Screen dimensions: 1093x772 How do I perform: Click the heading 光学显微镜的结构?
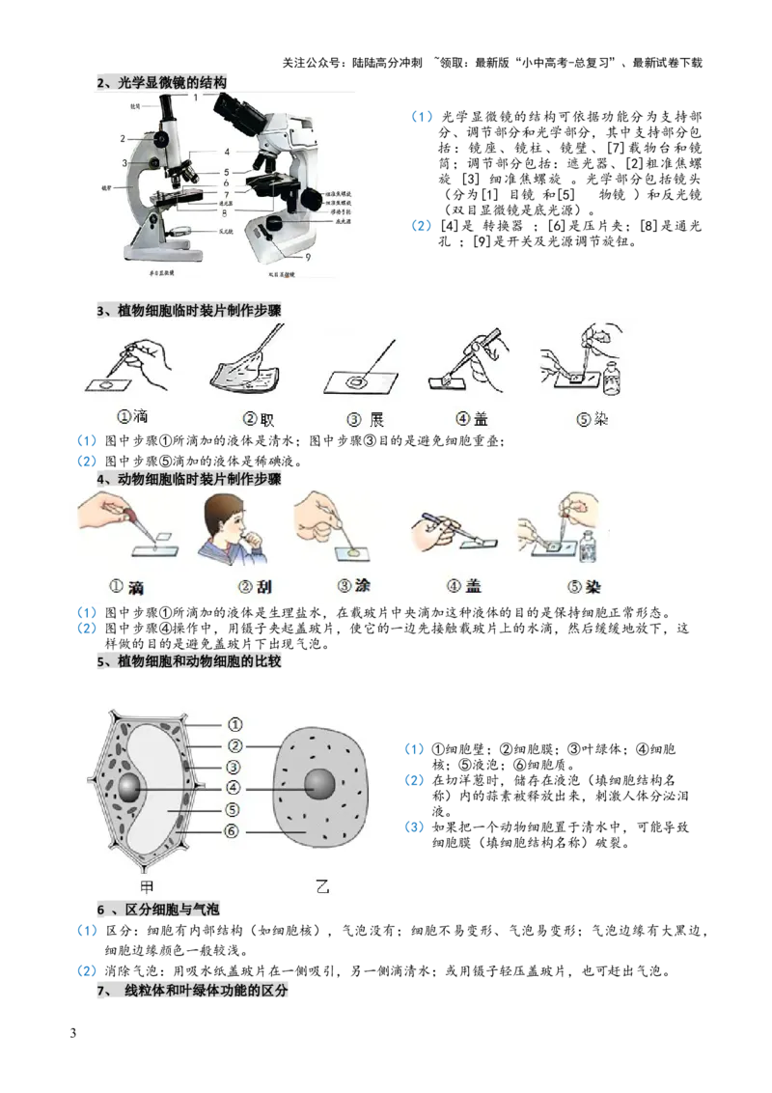pyautogui.click(x=173, y=82)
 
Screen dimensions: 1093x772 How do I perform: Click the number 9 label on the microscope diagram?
pyautogui.click(x=307, y=258)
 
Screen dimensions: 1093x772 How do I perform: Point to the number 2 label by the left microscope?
pyautogui.click(x=123, y=139)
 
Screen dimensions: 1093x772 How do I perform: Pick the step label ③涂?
pyautogui.click(x=354, y=586)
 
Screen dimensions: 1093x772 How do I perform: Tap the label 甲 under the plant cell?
pyautogui.click(x=148, y=886)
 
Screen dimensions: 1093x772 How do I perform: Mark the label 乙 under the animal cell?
pyautogui.click(x=323, y=886)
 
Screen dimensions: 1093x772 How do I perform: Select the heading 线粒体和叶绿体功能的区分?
pyautogui.click(x=206, y=992)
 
